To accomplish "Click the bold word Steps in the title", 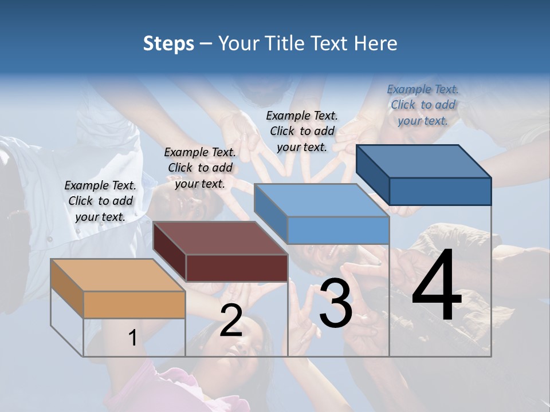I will point(168,43).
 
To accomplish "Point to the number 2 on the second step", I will point(231,320).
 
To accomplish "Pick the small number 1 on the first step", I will point(132,338).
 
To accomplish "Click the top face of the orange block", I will point(118,275).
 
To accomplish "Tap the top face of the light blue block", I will point(321,200).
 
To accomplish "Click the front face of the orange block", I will point(135,304).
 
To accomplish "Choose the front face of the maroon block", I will point(237,268).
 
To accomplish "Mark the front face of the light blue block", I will point(338,231).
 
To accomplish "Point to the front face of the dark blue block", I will point(440,191).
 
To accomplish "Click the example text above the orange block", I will point(100,201).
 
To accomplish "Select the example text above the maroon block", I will point(200,168).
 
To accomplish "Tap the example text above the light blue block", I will point(302,131).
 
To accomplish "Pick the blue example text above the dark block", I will point(423,105).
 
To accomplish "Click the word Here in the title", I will point(376,43).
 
